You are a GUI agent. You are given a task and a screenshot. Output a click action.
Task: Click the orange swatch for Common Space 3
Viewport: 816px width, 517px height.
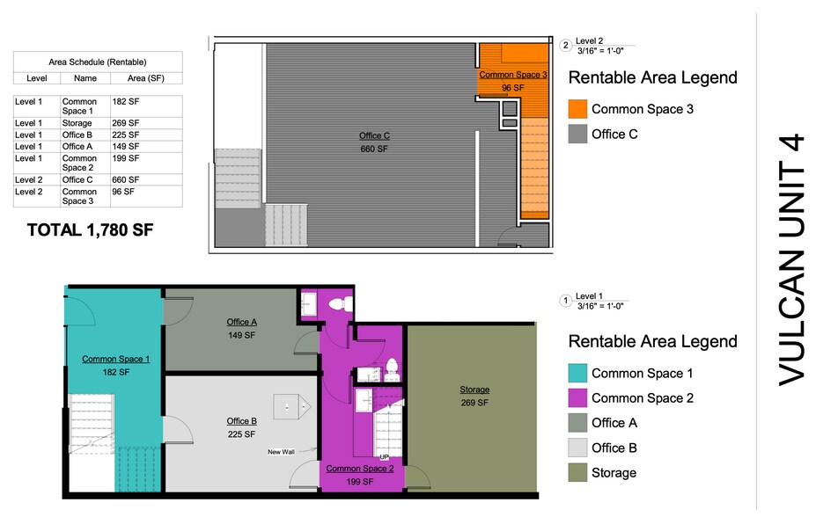pos(578,109)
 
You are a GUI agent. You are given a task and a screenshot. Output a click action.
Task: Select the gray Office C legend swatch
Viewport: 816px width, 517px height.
pos(578,135)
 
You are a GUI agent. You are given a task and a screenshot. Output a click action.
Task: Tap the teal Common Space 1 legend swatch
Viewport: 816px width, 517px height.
pos(578,373)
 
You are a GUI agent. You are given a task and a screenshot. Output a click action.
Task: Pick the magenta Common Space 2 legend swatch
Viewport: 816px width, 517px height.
pos(578,398)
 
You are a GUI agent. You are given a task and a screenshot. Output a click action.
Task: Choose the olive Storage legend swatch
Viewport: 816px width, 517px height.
pos(578,472)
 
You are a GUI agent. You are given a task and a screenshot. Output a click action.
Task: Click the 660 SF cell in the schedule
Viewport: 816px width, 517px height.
pos(125,180)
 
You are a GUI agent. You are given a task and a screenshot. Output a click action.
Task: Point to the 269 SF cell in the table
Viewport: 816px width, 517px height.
pos(125,124)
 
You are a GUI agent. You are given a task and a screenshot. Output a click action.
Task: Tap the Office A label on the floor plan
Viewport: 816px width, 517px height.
pos(241,322)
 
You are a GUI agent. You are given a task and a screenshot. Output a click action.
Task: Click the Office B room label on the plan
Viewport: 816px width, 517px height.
pos(241,421)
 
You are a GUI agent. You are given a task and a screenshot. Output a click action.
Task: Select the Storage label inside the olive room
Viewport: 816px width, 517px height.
pos(474,390)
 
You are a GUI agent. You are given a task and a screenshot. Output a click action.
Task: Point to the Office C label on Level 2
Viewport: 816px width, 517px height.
pos(374,136)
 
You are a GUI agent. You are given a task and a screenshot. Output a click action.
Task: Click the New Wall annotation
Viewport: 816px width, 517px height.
pos(281,453)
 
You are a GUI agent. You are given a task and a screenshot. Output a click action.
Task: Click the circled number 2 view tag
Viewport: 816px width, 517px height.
pos(565,46)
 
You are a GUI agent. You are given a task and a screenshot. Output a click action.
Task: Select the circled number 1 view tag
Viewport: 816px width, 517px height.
pos(565,301)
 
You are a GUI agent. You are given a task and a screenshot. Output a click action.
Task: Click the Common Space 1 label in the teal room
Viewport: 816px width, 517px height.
pos(115,360)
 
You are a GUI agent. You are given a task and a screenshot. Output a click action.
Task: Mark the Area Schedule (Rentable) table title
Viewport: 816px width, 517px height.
pos(97,62)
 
